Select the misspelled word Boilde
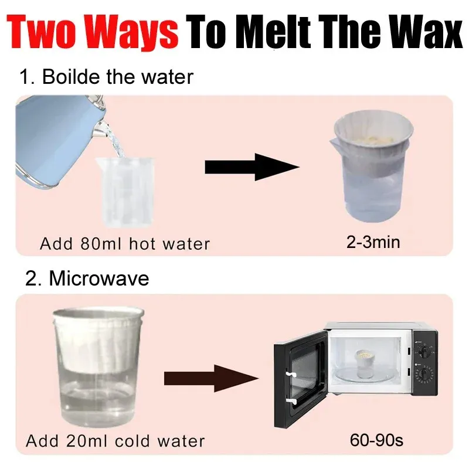pos(71,77)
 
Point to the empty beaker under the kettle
pos(125,192)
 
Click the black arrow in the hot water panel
pos(252,167)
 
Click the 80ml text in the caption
pos(101,243)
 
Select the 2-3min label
pos(373,242)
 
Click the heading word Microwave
pos(98,279)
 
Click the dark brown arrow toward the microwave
pos(211,379)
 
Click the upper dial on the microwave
pos(424,351)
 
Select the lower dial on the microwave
pos(424,374)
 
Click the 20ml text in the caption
pos(86,441)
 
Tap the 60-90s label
pos(376,440)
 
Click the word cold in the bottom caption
pos(132,441)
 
